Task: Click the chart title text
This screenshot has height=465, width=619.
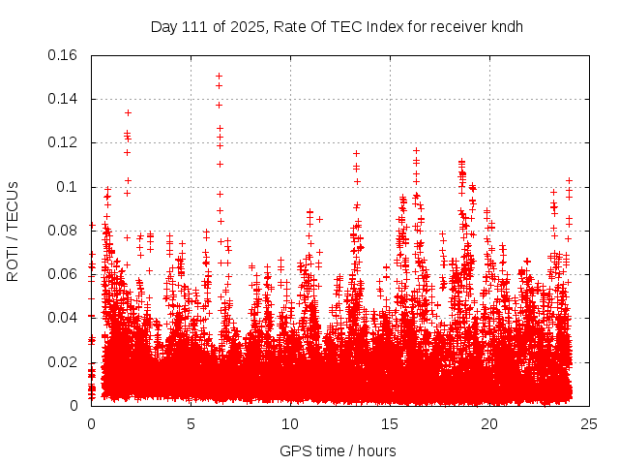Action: [337, 26]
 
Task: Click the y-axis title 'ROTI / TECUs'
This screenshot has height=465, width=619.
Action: [13, 231]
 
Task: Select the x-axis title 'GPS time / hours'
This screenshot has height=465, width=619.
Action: [337, 450]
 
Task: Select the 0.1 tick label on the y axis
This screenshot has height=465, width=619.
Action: [70, 187]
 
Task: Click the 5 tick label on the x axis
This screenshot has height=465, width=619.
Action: [191, 424]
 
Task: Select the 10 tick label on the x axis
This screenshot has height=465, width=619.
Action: [290, 424]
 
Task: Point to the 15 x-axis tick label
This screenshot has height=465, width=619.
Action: [390, 424]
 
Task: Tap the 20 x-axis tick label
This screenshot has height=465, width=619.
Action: [489, 424]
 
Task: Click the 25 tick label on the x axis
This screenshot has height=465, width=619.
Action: [589, 424]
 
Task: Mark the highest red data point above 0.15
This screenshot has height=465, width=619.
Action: [219, 76]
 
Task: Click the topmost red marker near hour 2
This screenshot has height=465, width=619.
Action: [128, 112]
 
